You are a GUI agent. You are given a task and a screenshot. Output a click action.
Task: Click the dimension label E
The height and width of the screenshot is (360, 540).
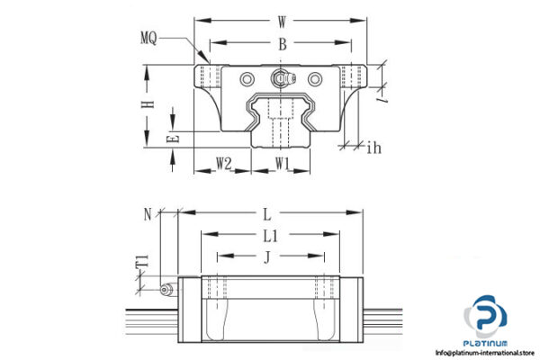175,138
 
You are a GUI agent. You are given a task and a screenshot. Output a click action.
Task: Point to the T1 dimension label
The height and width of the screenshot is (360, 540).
141,262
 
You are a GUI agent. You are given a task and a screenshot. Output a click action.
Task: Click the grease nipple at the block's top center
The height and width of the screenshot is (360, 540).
283,78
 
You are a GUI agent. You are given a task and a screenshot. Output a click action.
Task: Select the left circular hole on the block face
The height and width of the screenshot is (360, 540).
247,79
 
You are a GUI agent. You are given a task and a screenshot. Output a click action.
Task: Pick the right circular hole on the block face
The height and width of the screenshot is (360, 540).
315,79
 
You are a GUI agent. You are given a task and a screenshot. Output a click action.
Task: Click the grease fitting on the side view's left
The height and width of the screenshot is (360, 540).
165,289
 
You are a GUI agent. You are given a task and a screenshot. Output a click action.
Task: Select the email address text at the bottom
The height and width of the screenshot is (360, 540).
487,353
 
